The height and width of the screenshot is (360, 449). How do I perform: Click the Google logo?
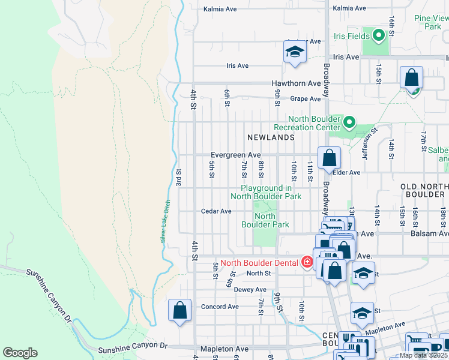(20, 353)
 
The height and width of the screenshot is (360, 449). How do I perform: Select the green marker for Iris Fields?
(378, 36)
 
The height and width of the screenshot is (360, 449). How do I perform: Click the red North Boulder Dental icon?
(307, 262)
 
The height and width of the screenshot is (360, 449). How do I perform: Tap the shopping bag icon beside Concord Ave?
(179, 311)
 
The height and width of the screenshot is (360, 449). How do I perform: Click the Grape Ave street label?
(306, 98)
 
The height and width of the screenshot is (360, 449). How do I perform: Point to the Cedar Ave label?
(216, 211)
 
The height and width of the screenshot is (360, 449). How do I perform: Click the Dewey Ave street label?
(250, 289)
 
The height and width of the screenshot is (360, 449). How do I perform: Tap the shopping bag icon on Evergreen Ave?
(329, 159)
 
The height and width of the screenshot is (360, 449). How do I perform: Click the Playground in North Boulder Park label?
(266, 192)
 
